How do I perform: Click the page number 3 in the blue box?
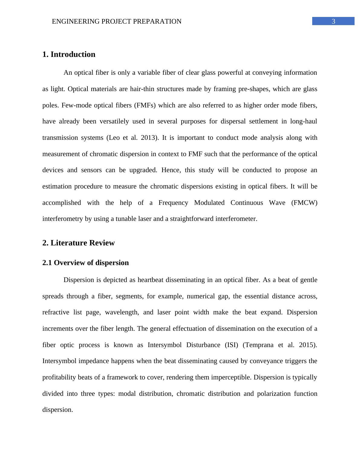(333, 21)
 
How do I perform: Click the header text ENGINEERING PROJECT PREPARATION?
(116, 21)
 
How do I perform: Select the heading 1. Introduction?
(69, 54)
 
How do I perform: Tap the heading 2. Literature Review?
(78, 243)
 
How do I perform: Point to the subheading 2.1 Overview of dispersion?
(85, 263)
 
